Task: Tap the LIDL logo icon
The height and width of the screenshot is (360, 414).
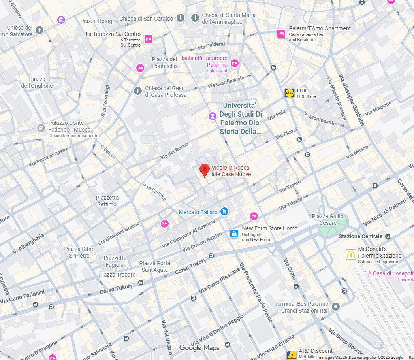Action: click(290, 93)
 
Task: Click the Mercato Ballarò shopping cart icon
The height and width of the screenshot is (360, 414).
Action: click(224, 212)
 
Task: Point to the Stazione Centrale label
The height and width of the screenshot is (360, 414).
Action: click(361, 236)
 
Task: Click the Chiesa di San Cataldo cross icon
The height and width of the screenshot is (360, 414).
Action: click(181, 18)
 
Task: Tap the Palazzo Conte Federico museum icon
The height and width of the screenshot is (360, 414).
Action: click(41, 128)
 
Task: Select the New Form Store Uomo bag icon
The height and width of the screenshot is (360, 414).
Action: click(235, 234)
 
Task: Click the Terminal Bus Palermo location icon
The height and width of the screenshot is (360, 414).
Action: click(336, 307)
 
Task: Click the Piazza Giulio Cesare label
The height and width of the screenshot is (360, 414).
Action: click(328, 219)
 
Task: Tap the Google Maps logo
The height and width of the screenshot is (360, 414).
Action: click(199, 348)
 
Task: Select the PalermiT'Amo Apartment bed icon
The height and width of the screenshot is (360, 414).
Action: click(281, 34)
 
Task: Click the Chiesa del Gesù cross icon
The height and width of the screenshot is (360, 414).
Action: click(137, 91)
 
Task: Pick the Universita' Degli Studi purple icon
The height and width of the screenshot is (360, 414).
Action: click(213, 116)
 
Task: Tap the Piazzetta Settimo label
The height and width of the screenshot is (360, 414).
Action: click(107, 201)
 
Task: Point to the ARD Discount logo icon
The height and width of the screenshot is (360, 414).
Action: click(292, 354)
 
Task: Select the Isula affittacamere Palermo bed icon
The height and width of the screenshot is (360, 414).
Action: click(235, 63)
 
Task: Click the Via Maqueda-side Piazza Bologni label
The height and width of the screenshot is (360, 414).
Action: click(98, 21)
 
